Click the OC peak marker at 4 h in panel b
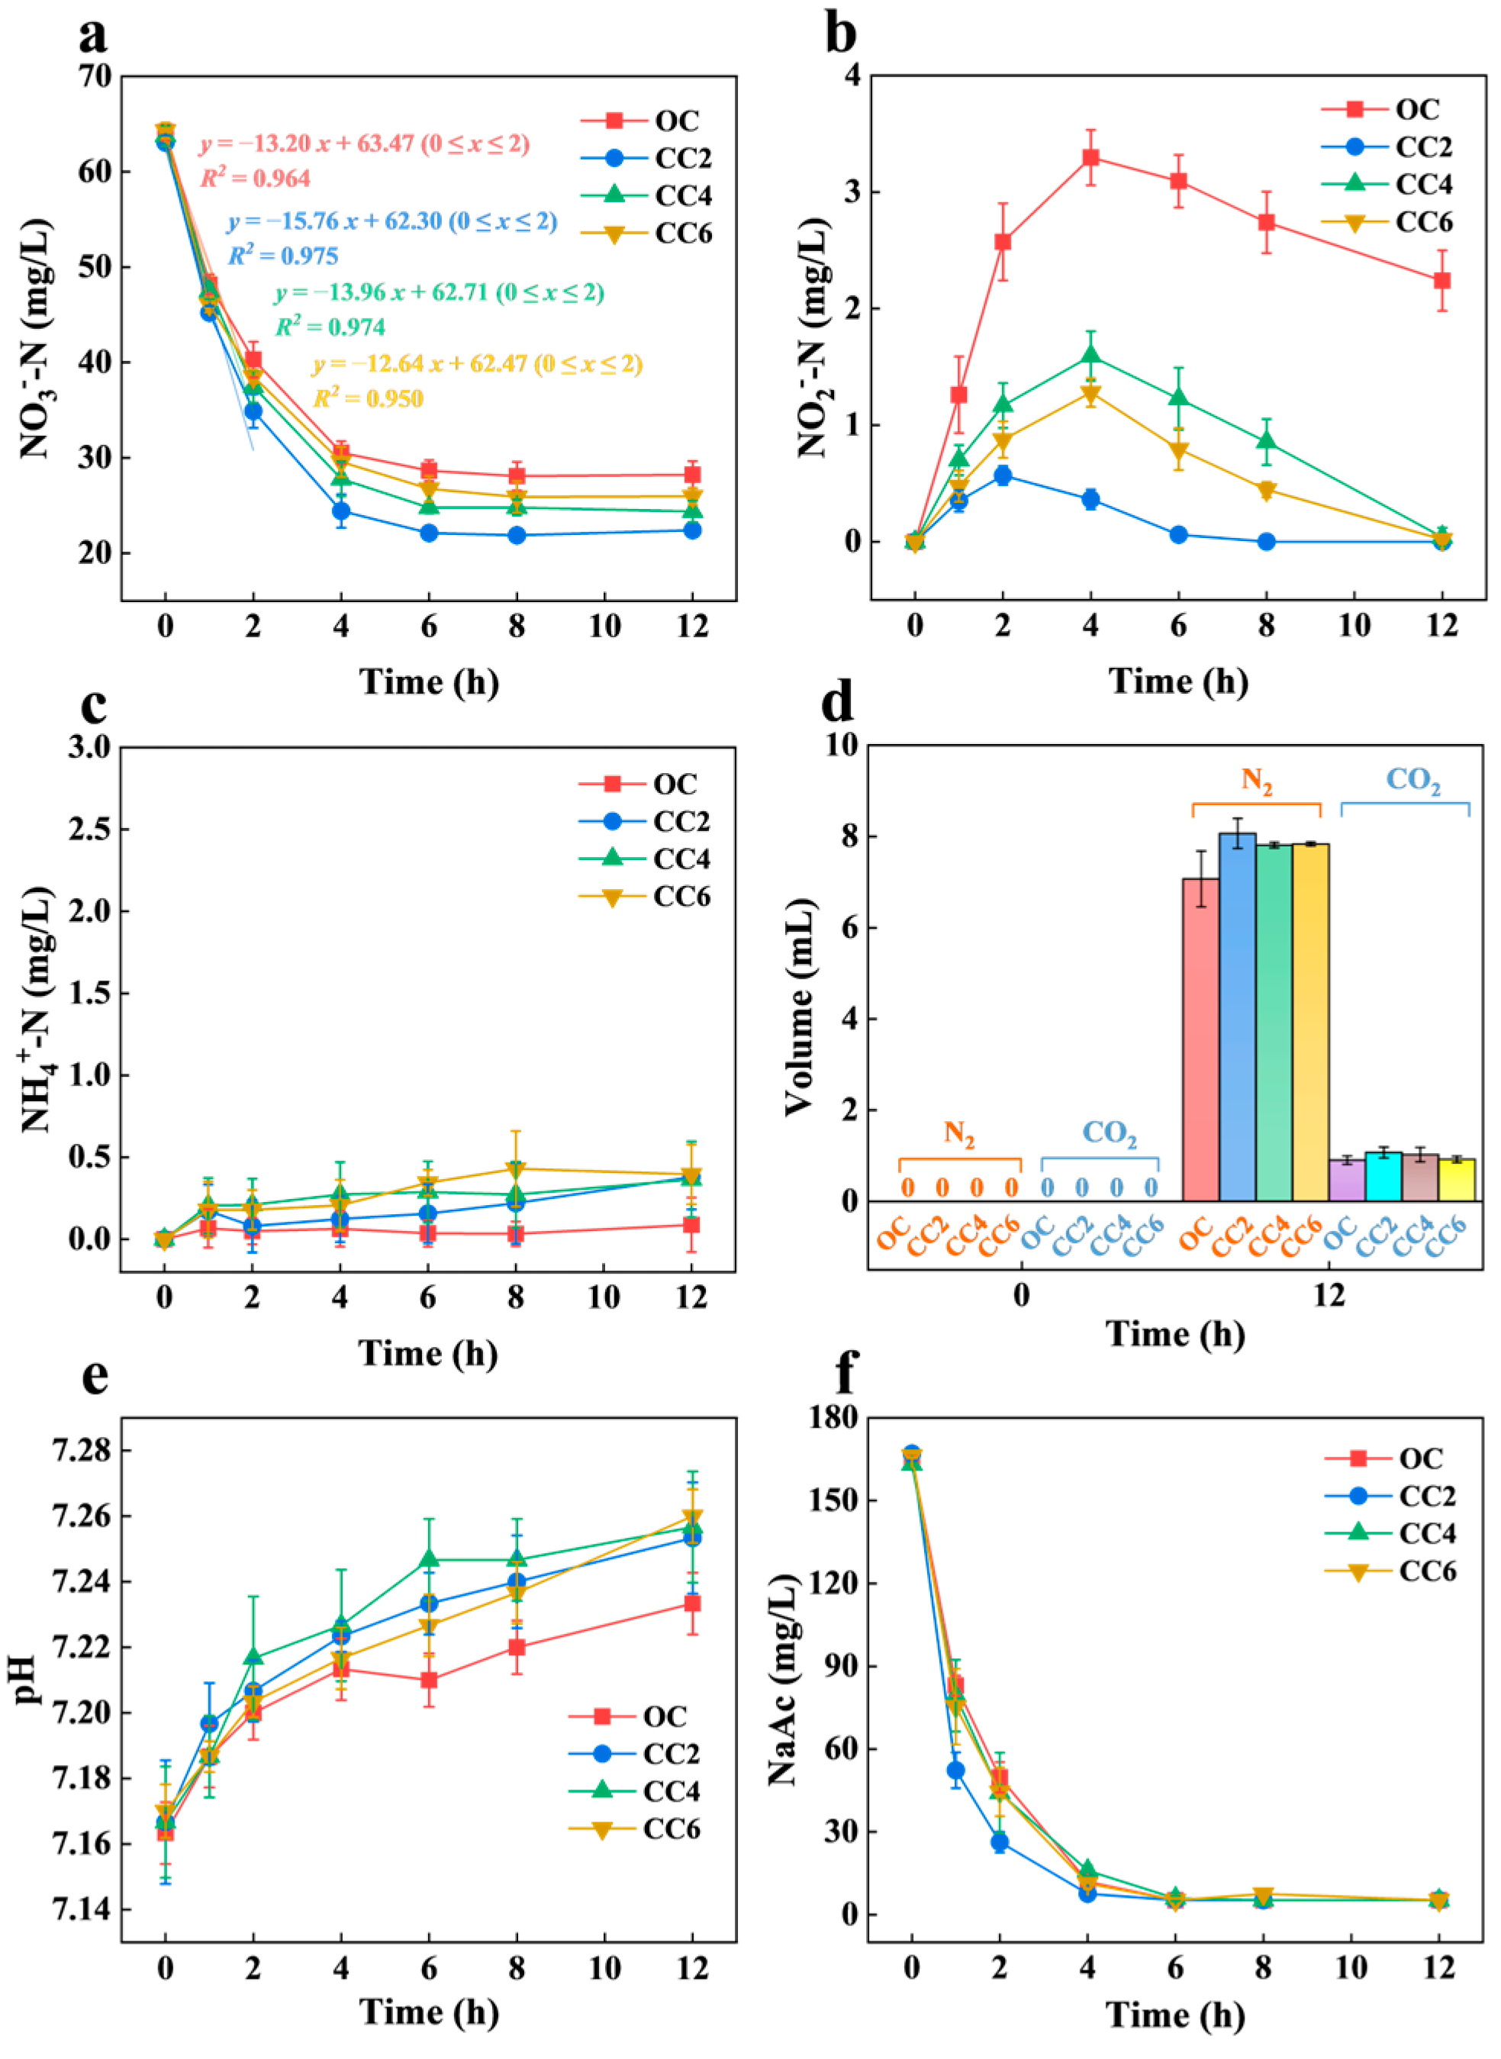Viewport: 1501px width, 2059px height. tap(1090, 157)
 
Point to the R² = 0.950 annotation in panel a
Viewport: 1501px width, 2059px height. tap(368, 398)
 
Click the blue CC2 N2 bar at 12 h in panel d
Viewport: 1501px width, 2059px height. tap(1237, 1018)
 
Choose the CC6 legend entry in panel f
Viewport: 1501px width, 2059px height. tap(1390, 1571)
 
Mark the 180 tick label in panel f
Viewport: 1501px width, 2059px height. tap(834, 1417)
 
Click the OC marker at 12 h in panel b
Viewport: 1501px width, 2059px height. tap(1442, 280)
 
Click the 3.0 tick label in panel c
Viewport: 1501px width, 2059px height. tap(89, 747)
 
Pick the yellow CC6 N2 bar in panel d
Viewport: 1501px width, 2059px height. tap(1310, 1022)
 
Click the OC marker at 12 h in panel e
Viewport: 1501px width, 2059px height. tap(692, 1603)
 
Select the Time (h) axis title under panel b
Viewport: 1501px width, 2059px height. tap(1177, 681)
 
